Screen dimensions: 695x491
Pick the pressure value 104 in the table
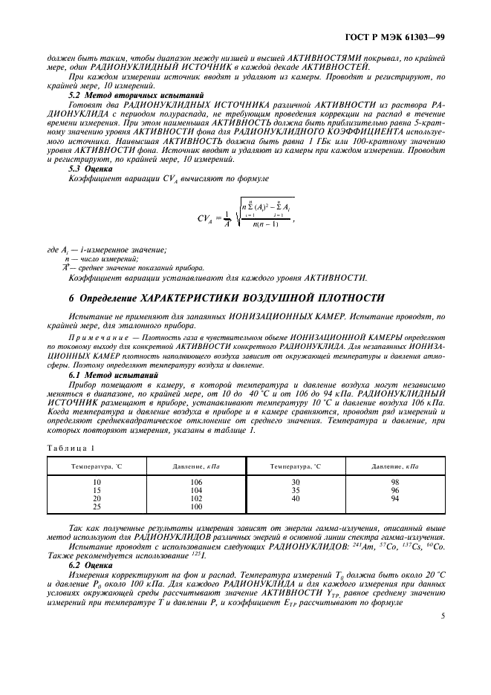[196, 490]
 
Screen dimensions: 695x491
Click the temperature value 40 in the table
[296, 498]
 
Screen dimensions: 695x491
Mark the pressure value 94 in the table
[395, 498]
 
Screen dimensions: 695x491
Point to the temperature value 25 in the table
[96, 506]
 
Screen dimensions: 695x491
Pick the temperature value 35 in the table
[296, 490]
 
